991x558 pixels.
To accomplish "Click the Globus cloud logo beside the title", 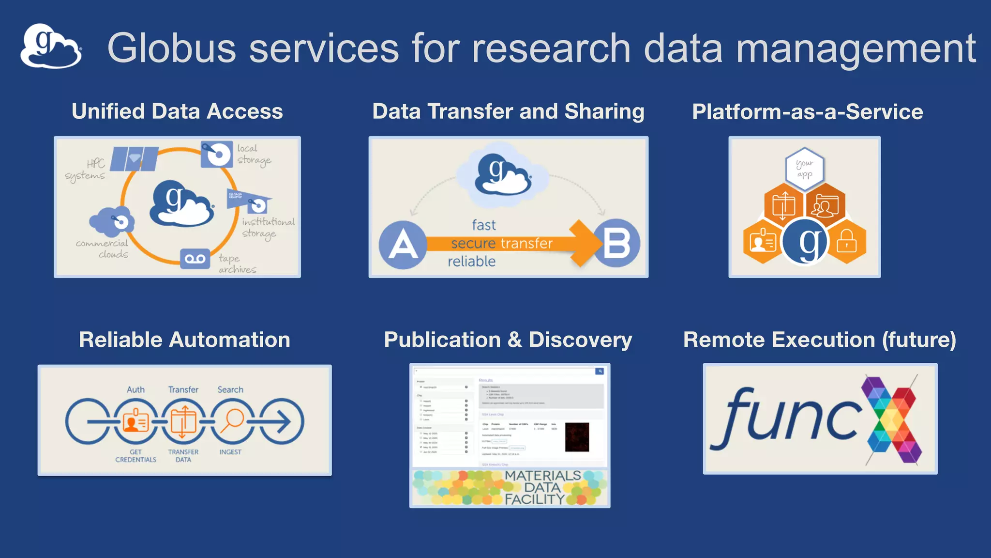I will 51,46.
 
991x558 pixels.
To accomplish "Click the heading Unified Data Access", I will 177,111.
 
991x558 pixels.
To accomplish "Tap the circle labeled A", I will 403,245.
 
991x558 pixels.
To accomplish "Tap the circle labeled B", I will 616,243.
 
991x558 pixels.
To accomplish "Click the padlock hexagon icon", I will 846,241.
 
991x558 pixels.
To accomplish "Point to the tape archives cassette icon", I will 195,259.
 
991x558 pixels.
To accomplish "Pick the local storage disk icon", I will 216,154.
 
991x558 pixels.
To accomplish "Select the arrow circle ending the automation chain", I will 282,421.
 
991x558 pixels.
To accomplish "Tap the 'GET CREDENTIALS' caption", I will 135,456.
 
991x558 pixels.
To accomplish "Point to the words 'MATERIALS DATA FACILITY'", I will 542,487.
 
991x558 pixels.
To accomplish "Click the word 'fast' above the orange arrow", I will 483,225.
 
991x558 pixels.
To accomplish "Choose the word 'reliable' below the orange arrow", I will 471,262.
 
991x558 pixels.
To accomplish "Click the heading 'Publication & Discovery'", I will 508,340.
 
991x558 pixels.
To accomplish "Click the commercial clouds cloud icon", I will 112,221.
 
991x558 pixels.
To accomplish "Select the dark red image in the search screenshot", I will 577,437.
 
